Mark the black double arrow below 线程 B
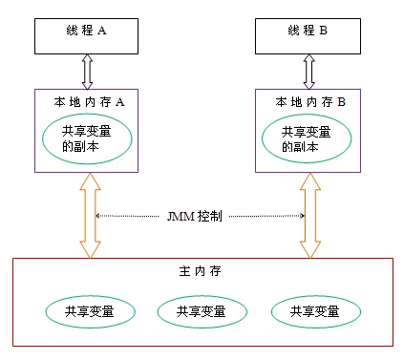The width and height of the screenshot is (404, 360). click(309, 70)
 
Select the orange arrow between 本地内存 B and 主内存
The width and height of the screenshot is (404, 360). click(309, 216)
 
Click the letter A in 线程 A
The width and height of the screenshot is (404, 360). click(101, 31)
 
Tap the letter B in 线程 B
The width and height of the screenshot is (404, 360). click(323, 31)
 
